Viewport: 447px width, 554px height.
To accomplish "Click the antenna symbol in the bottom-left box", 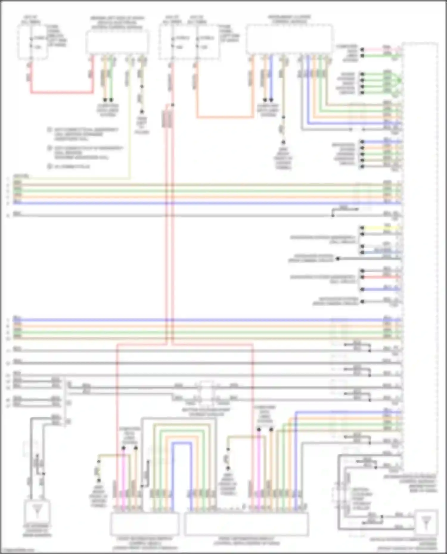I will point(37,511).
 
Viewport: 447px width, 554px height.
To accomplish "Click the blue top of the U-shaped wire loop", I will point(181,443).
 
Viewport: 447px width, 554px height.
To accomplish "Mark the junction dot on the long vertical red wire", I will point(173,105).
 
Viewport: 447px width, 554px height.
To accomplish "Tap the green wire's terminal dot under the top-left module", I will point(111,100).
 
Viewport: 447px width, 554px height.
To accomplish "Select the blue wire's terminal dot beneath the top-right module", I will point(271,100).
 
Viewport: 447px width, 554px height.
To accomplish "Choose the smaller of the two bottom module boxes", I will point(145,524).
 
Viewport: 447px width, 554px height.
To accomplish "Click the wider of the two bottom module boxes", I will point(246,524).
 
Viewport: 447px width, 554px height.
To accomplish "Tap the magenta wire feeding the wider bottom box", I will point(259,476).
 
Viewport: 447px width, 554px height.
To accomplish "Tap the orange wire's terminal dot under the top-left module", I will point(105,100).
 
